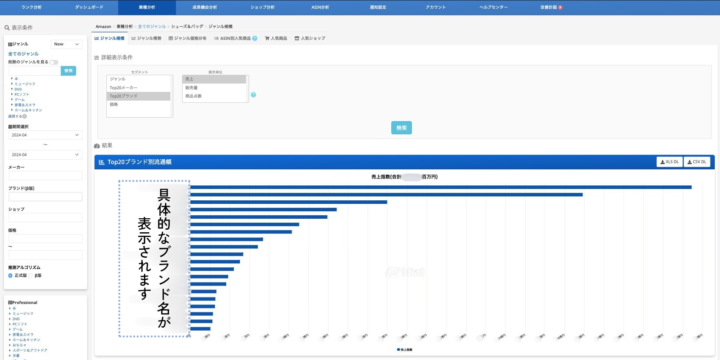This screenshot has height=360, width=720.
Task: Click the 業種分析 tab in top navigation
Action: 147,7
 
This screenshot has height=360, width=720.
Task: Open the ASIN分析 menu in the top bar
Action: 320,7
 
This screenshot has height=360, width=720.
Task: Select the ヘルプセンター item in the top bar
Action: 493,7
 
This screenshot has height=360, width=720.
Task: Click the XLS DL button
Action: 669,162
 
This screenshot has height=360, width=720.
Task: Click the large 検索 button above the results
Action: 401,128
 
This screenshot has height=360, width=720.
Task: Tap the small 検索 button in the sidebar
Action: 68,71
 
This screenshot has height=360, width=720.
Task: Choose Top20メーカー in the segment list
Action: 123,87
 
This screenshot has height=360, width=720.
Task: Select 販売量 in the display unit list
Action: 191,87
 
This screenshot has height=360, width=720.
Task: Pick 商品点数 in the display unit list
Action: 193,96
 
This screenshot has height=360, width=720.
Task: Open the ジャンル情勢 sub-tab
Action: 147,38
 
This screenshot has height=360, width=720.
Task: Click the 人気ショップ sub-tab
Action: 310,38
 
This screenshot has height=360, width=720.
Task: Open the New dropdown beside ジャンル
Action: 67,44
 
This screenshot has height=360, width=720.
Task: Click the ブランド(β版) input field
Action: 46,197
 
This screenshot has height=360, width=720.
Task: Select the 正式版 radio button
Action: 11,276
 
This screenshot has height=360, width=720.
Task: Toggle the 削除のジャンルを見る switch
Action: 54,62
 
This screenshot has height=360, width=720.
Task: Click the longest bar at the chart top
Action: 440,187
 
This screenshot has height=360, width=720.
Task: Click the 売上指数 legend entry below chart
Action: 405,350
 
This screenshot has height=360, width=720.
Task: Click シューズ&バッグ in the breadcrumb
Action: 187,27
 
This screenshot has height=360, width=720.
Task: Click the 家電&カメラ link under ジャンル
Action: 25,105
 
